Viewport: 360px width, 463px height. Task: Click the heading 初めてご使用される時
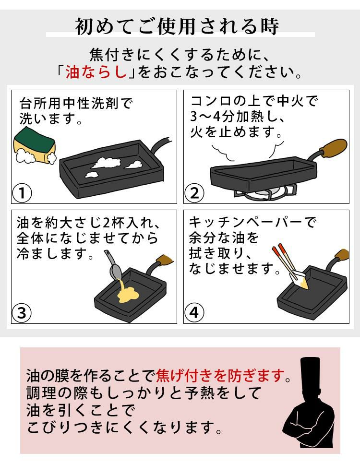pyautogui.click(x=177, y=26)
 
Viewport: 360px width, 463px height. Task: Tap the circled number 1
pyautogui.click(x=22, y=194)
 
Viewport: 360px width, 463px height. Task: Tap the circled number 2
pyautogui.click(x=194, y=194)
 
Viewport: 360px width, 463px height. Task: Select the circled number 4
pyautogui.click(x=194, y=313)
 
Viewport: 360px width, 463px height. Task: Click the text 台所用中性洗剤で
pyautogui.click(x=75, y=103)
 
